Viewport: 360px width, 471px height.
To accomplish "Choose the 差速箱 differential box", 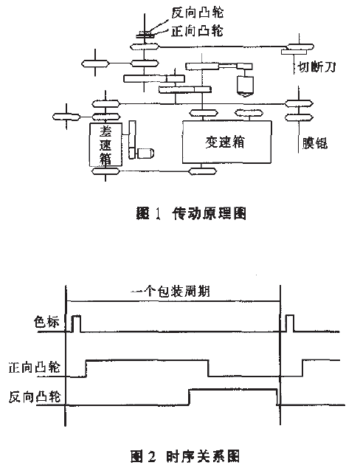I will point(105,143).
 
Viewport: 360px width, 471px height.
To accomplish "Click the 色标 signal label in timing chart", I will point(46,323).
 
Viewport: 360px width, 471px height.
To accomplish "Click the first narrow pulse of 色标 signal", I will point(75,323).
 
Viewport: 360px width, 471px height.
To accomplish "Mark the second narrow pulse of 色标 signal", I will point(288,323).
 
